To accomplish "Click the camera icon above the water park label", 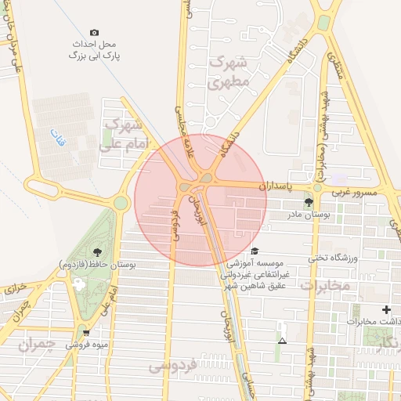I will coord(95,32).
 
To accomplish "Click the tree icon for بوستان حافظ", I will coord(97,252).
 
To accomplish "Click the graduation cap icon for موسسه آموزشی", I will coord(255,251).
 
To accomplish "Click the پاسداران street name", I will coord(274,186).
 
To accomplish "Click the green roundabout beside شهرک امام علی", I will coord(120,203).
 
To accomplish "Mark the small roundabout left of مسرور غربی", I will coord(317,188).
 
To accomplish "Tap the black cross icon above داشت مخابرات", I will coord(385,309).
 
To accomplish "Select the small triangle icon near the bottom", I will coord(282,341).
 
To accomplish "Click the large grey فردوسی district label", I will coord(173,366).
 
